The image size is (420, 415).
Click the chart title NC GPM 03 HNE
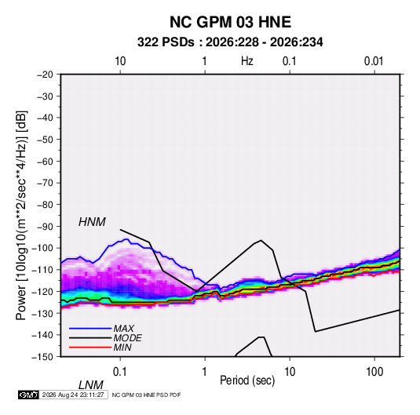[230, 22]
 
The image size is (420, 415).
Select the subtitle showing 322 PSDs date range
[230, 42]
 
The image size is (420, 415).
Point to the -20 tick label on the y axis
[45, 75]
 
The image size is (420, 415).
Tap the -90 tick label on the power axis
[45, 227]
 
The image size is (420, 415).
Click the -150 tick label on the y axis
[43, 357]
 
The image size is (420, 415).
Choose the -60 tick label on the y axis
[45, 162]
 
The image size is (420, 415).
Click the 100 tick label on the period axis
[374, 372]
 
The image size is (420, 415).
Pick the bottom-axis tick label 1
[205, 372]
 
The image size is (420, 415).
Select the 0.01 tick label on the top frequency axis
[374, 61]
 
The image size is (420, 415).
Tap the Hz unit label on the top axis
[247, 61]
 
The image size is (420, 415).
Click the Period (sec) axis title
[247, 380]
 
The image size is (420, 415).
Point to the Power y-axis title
[21, 216]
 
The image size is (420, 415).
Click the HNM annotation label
[92, 222]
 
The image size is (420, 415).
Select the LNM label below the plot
[91, 385]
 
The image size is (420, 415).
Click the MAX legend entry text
[123, 329]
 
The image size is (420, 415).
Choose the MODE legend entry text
[127, 338]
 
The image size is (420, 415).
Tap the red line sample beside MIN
[90, 348]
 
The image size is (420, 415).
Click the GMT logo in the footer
[29, 395]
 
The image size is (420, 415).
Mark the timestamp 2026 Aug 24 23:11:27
[73, 395]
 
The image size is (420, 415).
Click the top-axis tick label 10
[120, 61]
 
